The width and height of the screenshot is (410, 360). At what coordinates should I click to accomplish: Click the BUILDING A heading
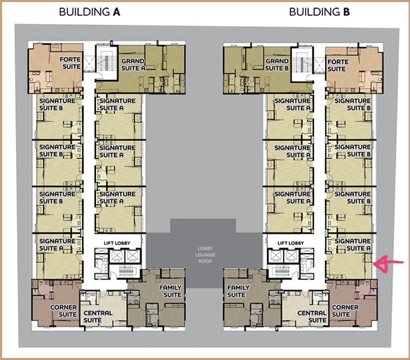[x=90, y=12]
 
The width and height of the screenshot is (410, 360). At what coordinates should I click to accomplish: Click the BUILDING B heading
[x=320, y=12]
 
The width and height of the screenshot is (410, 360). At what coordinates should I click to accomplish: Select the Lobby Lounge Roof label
[x=205, y=254]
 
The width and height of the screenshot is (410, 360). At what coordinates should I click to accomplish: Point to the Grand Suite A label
[x=133, y=65]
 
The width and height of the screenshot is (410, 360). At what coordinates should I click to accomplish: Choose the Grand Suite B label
[x=277, y=65]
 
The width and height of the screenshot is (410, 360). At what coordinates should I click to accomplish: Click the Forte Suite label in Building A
[x=70, y=63]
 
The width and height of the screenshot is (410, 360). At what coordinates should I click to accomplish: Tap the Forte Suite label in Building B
[x=338, y=66]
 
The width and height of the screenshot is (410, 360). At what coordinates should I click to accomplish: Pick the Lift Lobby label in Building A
[x=117, y=243]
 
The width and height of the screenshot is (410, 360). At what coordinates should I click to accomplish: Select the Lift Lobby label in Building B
[x=291, y=243]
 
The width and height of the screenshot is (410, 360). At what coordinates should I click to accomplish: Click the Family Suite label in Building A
[x=170, y=291]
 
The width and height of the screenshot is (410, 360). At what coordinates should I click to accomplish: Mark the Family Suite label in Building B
[x=238, y=291]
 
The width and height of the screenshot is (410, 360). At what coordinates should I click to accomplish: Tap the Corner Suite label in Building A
[x=64, y=311]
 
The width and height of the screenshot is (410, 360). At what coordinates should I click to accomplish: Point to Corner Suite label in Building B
[x=345, y=311]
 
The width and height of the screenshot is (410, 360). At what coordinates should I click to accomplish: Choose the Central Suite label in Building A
[x=98, y=317]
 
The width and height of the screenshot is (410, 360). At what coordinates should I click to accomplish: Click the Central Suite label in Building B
[x=312, y=317]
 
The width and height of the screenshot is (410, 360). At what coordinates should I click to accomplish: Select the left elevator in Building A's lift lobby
[x=116, y=256]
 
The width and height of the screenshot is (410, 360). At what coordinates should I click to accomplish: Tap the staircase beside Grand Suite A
[x=106, y=63]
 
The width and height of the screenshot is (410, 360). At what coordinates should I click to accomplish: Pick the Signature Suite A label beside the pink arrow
[x=353, y=245]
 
